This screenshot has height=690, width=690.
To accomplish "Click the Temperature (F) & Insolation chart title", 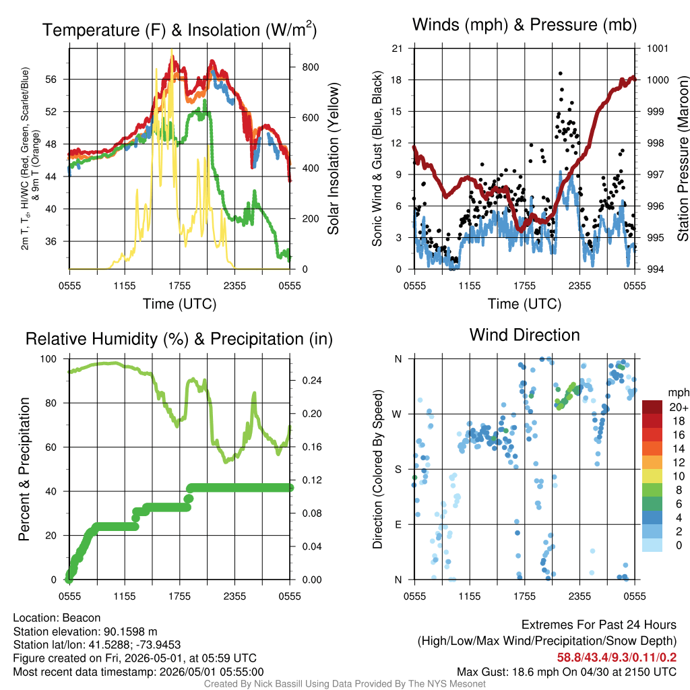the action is pyautogui.click(x=179, y=30).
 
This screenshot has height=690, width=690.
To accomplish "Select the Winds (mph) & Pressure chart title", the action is pyautogui.click(x=524, y=25).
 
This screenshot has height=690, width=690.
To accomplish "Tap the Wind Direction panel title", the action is pyautogui.click(x=524, y=335).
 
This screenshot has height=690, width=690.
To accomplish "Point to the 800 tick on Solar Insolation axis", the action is pyautogui.click(x=311, y=67).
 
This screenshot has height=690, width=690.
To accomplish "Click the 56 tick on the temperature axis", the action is pyautogui.click(x=51, y=80).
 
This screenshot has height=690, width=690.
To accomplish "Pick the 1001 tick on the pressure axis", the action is pyautogui.click(x=658, y=49).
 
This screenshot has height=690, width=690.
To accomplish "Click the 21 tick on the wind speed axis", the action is pyautogui.click(x=397, y=49).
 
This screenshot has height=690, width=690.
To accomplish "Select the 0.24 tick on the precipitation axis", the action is pyautogui.click(x=312, y=381).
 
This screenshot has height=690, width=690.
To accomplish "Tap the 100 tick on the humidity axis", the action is pyautogui.click(x=49, y=358).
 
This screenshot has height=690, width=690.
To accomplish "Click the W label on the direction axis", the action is pyautogui.click(x=397, y=414).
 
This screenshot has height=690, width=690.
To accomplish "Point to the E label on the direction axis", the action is pyautogui.click(x=398, y=524).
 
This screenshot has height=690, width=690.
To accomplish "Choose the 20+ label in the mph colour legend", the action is pyautogui.click(x=679, y=408).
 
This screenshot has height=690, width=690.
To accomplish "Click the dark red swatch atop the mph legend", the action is pyautogui.click(x=652, y=407).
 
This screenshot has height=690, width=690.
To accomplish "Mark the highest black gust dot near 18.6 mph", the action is pyautogui.click(x=560, y=73).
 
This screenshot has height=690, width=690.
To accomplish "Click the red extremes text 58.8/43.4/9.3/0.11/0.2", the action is pyautogui.click(x=617, y=658).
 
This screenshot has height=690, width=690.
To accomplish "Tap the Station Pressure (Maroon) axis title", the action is pyautogui.click(x=683, y=158).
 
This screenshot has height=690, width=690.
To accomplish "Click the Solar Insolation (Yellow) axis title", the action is pyautogui.click(x=333, y=158).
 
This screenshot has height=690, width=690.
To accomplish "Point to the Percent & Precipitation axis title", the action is pyautogui.click(x=24, y=469).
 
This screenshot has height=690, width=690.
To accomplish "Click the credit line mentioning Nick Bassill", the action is pyautogui.click(x=344, y=684).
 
